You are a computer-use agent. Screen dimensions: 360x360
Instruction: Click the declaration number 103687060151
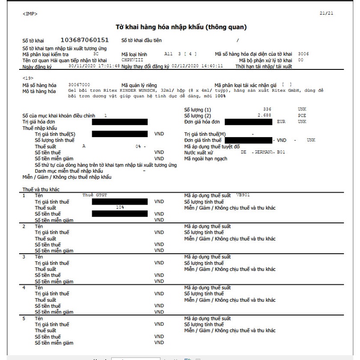click(x=85, y=40)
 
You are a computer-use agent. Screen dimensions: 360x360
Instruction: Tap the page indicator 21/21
click(x=327, y=13)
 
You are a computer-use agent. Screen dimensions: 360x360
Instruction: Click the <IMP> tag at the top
click(x=30, y=14)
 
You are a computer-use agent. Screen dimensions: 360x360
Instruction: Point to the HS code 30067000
click(x=79, y=84)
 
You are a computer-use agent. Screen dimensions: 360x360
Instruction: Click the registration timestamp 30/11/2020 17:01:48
click(x=94, y=66)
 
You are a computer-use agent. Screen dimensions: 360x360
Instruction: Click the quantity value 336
click(x=267, y=109)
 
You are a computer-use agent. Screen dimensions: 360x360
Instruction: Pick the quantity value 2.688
click(x=265, y=115)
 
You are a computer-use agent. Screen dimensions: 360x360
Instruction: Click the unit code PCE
click(x=302, y=115)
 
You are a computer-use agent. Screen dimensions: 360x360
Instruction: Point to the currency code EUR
click(x=281, y=121)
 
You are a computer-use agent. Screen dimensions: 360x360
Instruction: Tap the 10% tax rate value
click(x=120, y=207)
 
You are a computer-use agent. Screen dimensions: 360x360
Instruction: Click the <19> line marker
click(x=27, y=78)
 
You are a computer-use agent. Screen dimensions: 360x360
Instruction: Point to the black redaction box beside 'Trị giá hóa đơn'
click(x=120, y=121)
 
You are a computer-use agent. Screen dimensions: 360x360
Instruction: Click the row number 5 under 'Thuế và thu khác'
click(x=24, y=319)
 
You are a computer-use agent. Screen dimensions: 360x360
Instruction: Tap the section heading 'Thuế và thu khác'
click(x=41, y=189)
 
